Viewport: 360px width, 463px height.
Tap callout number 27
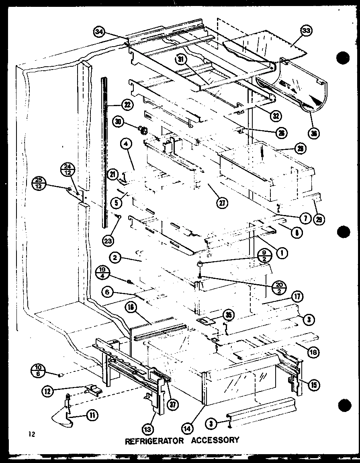click(221, 202)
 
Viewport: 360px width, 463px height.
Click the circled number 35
click(229, 315)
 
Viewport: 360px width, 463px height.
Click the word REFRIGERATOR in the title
click(154, 440)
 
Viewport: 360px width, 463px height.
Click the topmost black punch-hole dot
click(343, 58)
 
